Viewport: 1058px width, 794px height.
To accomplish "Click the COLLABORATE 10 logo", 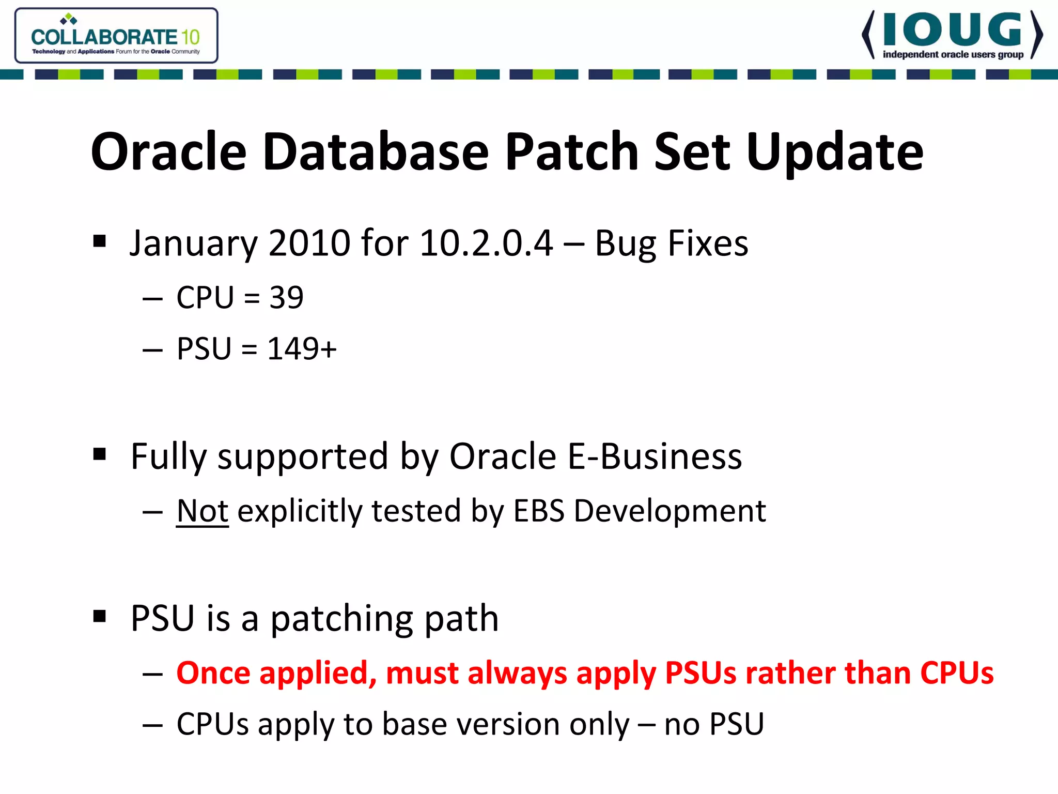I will pos(116,36).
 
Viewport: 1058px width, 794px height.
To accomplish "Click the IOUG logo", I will pos(952,35).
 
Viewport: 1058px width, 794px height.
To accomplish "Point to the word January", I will pos(193,244).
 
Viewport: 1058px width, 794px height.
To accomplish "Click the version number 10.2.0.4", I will pos(486,243).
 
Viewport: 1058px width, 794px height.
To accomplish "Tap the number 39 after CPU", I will pos(286,298).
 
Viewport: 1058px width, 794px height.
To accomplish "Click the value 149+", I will pos(302,349).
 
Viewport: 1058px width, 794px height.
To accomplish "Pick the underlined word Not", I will pos(202,511).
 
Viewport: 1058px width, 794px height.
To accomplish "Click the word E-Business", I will pos(655,456).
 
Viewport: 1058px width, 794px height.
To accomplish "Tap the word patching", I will pos(341,619).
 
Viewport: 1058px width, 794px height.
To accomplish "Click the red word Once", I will pos(213,674).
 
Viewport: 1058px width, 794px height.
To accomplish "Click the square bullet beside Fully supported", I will pos(100,455).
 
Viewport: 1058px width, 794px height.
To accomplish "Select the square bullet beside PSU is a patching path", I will pos(100,616).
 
